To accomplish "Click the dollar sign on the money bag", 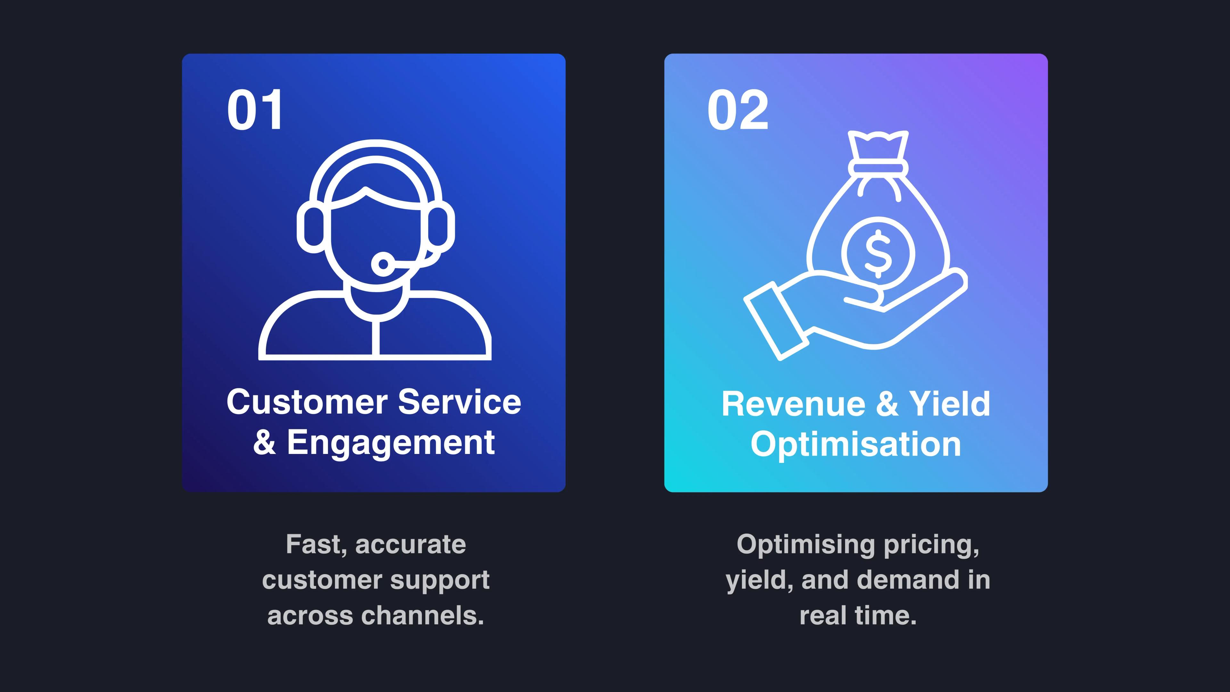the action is (x=878, y=253).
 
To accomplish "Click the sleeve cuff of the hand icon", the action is (x=775, y=321).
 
